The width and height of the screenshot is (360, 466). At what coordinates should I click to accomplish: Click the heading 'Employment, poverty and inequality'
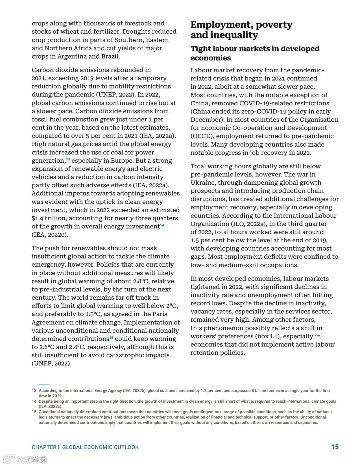pos(241,30)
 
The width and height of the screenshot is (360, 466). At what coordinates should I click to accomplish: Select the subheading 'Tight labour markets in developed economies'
pos(255,53)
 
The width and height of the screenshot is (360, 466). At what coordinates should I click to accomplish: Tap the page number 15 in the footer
pos(335,447)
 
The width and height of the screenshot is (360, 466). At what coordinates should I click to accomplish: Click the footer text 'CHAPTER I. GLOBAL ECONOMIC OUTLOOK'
pos(85,447)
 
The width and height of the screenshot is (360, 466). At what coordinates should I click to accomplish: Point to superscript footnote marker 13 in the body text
pos(68,159)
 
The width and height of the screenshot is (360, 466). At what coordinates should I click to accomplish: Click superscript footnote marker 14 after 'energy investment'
pos(162,225)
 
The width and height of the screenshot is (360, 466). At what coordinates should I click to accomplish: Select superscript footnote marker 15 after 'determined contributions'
pos(111,338)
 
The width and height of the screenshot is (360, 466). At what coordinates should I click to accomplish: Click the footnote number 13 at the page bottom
pos(34,391)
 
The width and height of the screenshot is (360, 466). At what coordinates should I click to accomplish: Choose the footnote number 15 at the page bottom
pos(34,412)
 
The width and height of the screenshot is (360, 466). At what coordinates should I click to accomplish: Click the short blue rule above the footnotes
pos(44,385)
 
